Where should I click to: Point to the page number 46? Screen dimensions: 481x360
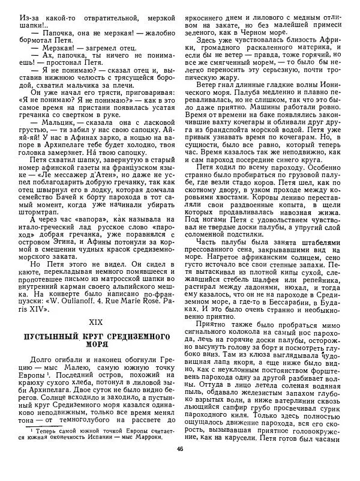tap(180, 466)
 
